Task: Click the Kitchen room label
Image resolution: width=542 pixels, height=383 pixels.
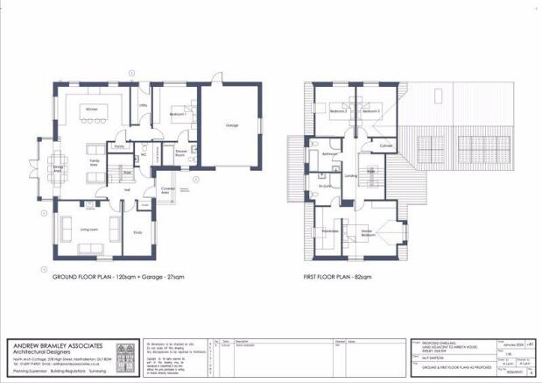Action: [91, 109]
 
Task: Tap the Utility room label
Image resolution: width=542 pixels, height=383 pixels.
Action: [143, 106]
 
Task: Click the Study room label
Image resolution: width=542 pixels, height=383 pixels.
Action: [137, 232]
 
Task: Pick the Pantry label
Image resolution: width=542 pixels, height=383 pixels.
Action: [119, 147]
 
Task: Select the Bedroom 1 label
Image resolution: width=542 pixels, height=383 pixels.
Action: [180, 116]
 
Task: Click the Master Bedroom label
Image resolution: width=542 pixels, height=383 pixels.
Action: [370, 233]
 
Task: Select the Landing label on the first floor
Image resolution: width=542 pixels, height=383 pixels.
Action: [351, 176]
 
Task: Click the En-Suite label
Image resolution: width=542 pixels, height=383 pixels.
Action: [326, 186]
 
